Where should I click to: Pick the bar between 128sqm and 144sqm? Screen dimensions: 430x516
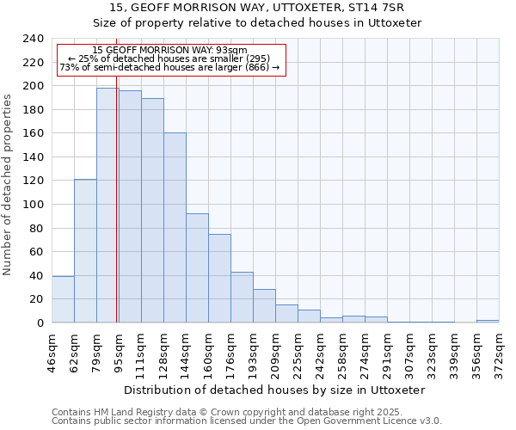[x=175, y=227]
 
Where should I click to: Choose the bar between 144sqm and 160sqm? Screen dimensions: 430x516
[x=197, y=267]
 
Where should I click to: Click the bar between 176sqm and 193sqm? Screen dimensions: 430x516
[x=242, y=297]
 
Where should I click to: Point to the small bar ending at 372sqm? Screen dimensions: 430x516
[x=488, y=321]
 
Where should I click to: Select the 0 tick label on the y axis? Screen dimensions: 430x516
[x=40, y=323]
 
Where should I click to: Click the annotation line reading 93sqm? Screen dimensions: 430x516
[x=169, y=51]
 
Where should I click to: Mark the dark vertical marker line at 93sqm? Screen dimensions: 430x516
[x=116, y=215]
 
